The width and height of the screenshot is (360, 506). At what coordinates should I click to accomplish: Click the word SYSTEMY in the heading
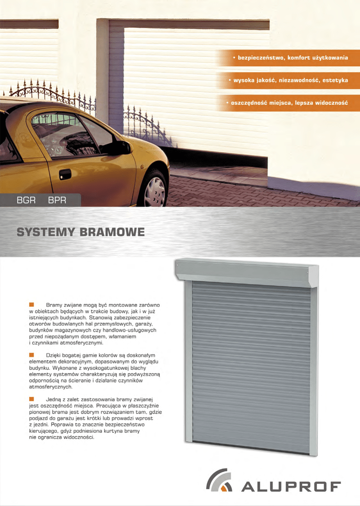pyautogui.click(x=44, y=232)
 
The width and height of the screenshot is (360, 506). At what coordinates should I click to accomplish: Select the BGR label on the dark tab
pyautogui.click(x=26, y=200)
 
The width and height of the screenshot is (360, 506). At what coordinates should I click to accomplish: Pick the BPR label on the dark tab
pyautogui.click(x=57, y=200)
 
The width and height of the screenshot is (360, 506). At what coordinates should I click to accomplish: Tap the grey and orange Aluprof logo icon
pyautogui.click(x=219, y=480)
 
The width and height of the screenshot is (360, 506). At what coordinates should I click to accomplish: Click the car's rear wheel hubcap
pyautogui.click(x=155, y=191)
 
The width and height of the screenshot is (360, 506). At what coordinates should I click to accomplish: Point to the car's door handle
pyautogui.click(x=65, y=174)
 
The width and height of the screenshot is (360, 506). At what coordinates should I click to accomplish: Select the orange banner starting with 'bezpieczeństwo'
pyautogui.click(x=289, y=58)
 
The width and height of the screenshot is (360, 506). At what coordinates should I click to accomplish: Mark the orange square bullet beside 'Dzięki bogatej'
pyautogui.click(x=31, y=355)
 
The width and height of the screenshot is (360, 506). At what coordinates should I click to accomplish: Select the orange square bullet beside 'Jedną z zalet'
pyautogui.click(x=31, y=398)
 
